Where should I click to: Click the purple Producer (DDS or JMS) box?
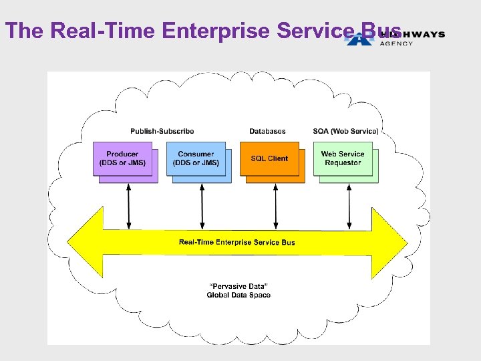122,158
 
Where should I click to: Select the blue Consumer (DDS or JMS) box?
196,158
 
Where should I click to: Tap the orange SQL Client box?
269,158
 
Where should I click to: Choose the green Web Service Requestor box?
343,158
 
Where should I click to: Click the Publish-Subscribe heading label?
162,131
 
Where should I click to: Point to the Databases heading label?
267,131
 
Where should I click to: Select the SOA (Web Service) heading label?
345,131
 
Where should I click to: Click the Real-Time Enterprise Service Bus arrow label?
236,242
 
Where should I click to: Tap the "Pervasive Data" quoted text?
238,286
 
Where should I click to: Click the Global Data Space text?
238,295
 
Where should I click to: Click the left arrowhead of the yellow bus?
84,242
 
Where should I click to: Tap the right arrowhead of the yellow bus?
391,242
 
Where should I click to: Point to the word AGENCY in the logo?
396,43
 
